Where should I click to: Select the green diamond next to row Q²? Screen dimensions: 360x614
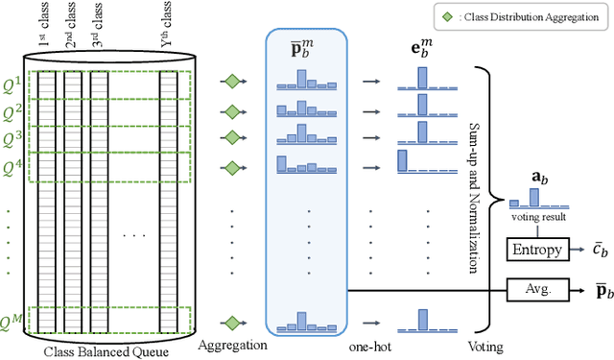(x=231, y=109)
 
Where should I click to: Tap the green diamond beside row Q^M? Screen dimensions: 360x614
(x=231, y=324)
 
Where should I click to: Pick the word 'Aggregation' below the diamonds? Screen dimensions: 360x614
(x=230, y=342)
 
